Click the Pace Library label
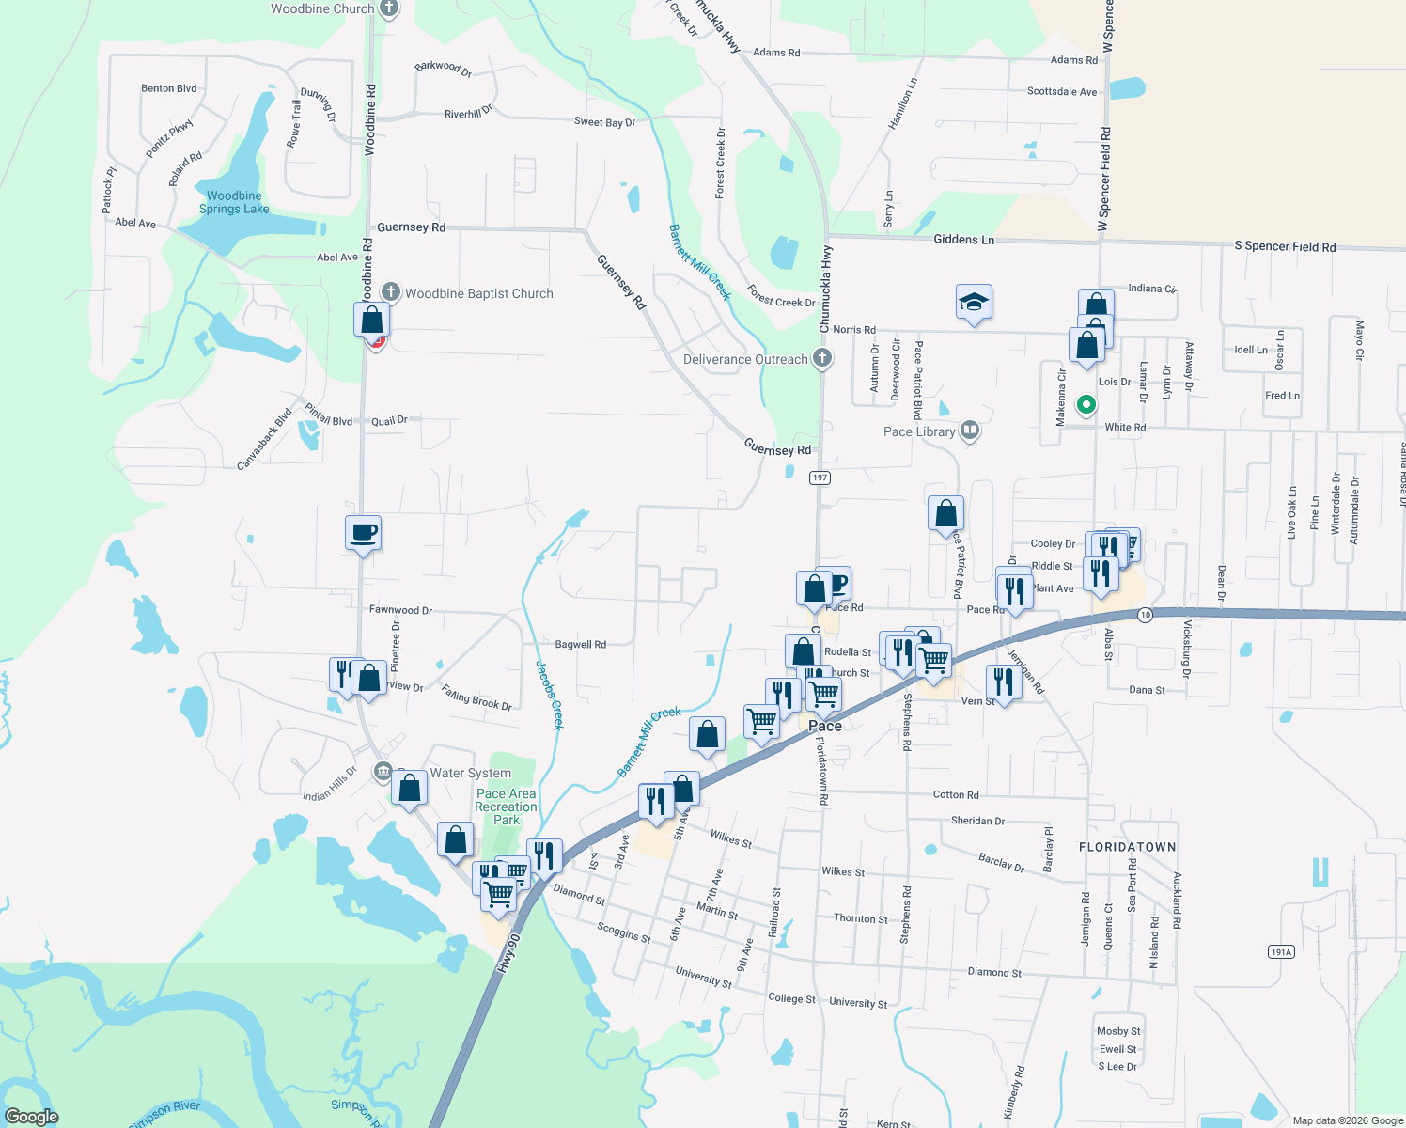point(919,431)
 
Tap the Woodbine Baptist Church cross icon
point(390,293)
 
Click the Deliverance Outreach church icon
point(822,358)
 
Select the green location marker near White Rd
point(1086,405)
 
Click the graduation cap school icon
point(974,303)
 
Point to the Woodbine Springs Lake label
point(234,202)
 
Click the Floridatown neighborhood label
point(1127,847)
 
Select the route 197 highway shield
point(820,478)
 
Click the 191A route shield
point(1281,952)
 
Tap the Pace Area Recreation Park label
point(506,807)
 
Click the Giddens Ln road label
point(963,240)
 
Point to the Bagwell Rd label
point(580,645)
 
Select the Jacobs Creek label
point(550,696)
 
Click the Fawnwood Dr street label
point(400,610)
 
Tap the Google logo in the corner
point(31,1117)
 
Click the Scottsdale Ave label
point(1061,92)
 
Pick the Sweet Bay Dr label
point(604,122)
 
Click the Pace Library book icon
point(970,431)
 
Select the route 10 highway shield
point(1144,615)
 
